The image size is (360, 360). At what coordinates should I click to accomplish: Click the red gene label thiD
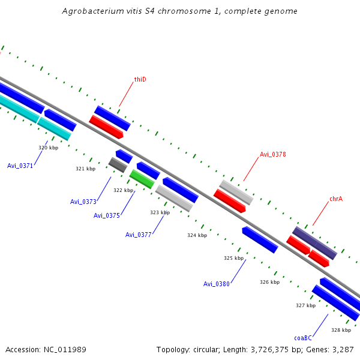coord(140,79)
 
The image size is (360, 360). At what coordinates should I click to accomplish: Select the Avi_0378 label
coord(272,154)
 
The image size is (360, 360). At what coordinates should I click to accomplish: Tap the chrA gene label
coord(336,199)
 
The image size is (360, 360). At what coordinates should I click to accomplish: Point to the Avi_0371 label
coord(20,166)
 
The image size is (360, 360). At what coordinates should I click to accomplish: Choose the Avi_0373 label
coord(83,201)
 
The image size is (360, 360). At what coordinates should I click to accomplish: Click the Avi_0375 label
coord(106,215)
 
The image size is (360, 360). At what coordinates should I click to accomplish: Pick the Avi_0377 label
coord(138,235)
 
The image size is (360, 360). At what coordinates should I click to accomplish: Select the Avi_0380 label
coord(216,284)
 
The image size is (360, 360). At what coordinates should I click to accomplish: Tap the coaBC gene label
coord(303,338)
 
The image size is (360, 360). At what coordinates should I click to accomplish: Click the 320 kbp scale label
coord(48,148)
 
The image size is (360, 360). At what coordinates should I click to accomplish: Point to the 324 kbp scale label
coord(197,235)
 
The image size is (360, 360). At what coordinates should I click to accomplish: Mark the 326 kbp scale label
coord(269,282)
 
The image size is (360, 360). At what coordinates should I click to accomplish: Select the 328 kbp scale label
coord(341,330)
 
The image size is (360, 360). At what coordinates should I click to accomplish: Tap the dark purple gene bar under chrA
coord(314,242)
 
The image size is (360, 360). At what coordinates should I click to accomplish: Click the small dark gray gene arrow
coord(117,164)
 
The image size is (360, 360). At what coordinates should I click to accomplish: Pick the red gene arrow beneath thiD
coord(106,127)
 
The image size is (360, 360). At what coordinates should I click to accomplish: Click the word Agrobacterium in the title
coord(89,11)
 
